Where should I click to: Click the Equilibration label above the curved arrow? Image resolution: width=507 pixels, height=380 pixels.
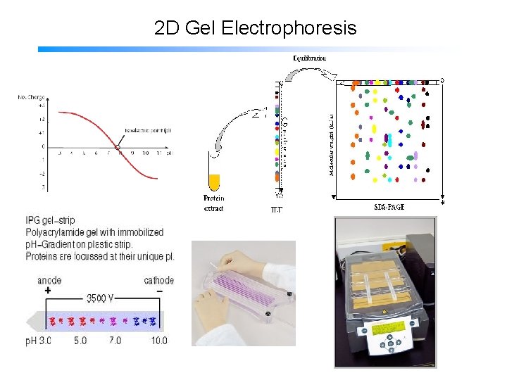pyautogui.click(x=309, y=58)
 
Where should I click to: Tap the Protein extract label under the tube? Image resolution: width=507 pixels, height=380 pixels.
pyautogui.click(x=213, y=203)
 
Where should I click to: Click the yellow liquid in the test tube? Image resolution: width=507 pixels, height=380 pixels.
pyautogui.click(x=214, y=181)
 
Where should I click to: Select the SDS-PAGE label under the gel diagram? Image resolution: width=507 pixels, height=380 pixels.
pyautogui.click(x=394, y=207)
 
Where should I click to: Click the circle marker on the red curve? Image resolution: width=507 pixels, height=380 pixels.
pyautogui.click(x=118, y=146)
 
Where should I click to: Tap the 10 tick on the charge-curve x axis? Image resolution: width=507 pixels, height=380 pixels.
pyautogui.click(x=144, y=153)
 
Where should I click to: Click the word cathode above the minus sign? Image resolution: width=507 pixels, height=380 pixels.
pyautogui.click(x=158, y=280)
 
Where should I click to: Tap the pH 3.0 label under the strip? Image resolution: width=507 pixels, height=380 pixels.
pyautogui.click(x=39, y=341)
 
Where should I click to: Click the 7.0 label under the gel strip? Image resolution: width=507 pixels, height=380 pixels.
pyautogui.click(x=114, y=341)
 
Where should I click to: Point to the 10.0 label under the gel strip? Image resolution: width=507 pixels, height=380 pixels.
pyautogui.click(x=159, y=341)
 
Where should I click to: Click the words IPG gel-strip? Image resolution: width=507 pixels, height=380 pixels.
pyautogui.click(x=50, y=221)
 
